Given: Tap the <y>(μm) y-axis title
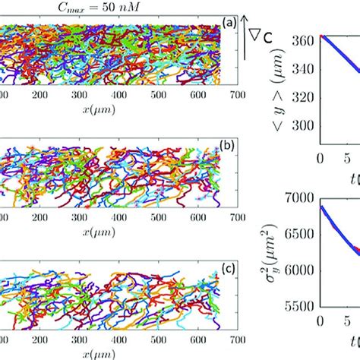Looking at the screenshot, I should (279, 91).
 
